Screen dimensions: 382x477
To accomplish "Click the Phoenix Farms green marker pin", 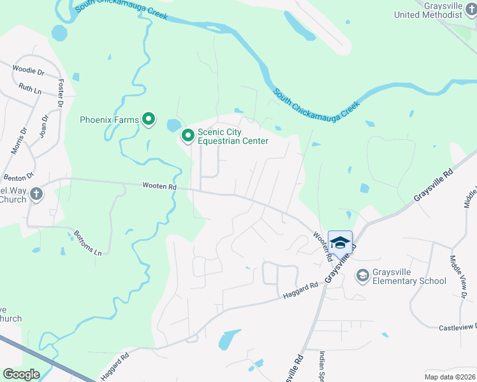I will pos(149,119).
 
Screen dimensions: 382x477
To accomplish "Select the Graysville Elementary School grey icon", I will pos(363,276).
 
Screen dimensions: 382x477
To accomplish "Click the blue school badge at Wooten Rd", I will pos(340,242).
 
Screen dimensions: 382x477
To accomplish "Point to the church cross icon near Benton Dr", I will pos(36,195).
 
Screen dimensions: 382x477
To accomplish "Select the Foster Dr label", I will pos(62,93).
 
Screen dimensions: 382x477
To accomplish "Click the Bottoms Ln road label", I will pos(88,243).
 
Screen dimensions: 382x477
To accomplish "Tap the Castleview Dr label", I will pos(457,327).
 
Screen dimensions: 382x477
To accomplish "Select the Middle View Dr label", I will pos(457,277).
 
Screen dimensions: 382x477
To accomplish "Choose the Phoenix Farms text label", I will pos(109,119).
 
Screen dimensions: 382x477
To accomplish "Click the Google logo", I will pos(20,374).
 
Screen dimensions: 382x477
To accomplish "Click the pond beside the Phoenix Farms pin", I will pos(173,125).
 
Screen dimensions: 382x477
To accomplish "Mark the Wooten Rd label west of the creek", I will pos(159,187).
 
